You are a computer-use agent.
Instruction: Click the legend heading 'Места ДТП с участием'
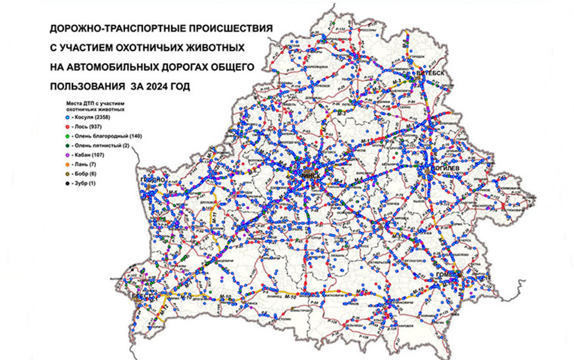coord(95,105)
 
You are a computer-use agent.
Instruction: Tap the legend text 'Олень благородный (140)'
coord(109,143)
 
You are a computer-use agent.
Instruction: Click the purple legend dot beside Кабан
coord(67,166)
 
